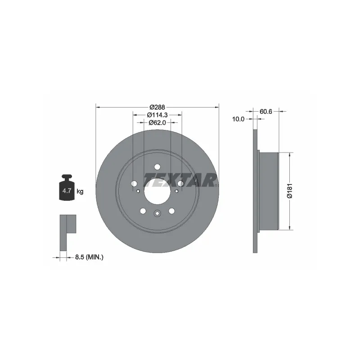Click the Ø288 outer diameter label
coord(157,107)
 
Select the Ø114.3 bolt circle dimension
coord(157,115)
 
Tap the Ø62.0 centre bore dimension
coord(157,122)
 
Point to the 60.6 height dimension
coord(266,111)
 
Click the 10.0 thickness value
coord(238,119)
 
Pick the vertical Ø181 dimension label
coord(290,190)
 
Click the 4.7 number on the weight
coord(67,190)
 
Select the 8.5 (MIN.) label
coord(89,257)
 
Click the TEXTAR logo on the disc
coord(180,180)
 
